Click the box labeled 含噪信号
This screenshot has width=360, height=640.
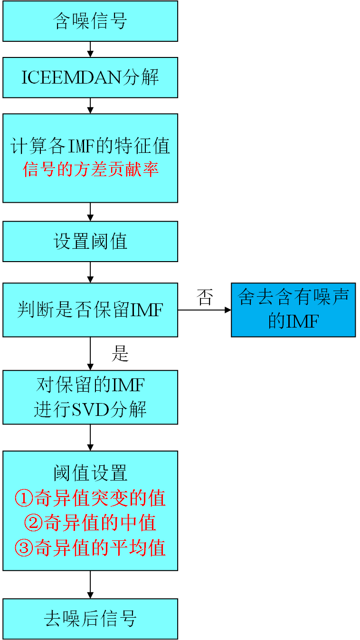point(90,21)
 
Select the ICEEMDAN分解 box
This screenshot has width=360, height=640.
point(90,77)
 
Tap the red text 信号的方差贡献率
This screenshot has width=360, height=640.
point(90,169)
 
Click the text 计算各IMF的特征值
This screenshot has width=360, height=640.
point(90,146)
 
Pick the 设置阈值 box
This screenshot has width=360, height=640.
point(90,241)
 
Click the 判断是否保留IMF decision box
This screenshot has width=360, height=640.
point(90,310)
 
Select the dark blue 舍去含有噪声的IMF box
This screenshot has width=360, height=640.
point(293,310)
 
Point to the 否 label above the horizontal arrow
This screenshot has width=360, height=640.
point(205,298)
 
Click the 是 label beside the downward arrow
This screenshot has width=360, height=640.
point(120,354)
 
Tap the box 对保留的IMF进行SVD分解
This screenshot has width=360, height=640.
point(90,397)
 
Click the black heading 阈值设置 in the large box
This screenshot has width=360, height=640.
point(90,473)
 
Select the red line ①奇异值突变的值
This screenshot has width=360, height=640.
point(90,498)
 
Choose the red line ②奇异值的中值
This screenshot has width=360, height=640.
point(90,523)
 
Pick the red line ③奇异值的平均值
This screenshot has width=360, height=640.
point(90,548)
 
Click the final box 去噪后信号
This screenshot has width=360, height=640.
point(90,619)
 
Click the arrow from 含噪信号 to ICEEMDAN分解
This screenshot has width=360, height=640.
point(90,49)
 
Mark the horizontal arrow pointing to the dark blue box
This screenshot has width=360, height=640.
point(204,310)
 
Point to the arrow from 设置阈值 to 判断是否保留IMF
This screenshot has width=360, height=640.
point(90,272)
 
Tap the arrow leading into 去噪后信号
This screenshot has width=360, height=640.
point(90,584)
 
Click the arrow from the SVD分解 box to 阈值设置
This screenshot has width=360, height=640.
point(90,437)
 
